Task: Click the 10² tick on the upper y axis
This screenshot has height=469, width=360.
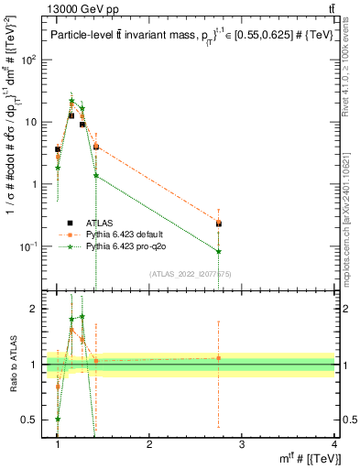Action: tap(29, 60)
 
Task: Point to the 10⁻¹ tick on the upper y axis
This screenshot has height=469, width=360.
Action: tap(29, 246)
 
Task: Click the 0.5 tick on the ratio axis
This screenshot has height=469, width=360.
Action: tap(29, 420)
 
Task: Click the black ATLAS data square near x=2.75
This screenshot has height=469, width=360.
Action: tap(218, 223)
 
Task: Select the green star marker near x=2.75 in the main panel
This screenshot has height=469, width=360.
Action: tap(218, 251)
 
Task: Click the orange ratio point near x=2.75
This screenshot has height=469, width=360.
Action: tap(218, 358)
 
